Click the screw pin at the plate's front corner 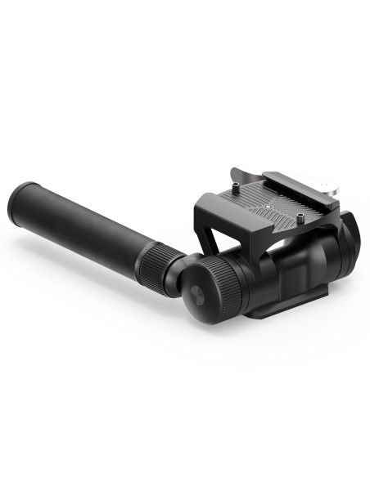click(x=300, y=217)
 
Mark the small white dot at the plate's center click(x=266, y=207)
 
